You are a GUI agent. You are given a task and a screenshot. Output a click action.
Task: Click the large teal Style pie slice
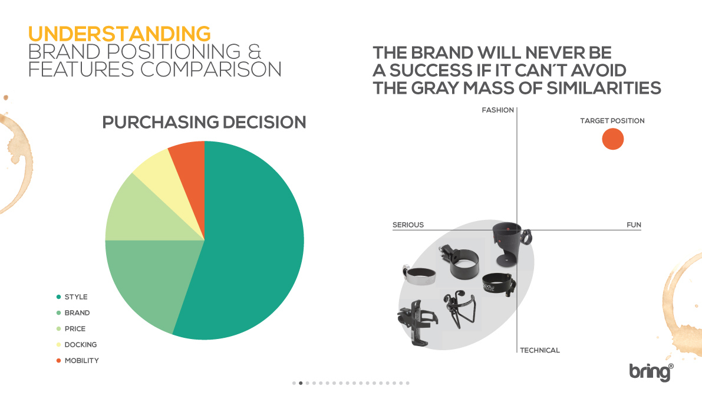click(251, 242)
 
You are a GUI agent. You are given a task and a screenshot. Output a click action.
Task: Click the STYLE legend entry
click(72, 297)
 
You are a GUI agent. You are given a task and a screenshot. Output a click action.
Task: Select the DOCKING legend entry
click(77, 344)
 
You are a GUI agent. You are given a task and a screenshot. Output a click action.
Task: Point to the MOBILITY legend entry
click(77, 361)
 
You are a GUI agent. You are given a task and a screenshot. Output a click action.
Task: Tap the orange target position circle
click(613, 139)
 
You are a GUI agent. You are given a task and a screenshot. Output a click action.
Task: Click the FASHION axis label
click(498, 110)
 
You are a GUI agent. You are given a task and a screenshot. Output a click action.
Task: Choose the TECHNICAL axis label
click(540, 350)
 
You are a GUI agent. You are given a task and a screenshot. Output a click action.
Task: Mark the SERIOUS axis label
click(408, 225)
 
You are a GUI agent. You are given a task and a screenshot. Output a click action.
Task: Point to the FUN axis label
click(634, 225)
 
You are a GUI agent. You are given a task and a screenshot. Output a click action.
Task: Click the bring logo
click(651, 372)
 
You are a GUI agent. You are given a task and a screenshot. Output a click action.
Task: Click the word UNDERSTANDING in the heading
click(119, 34)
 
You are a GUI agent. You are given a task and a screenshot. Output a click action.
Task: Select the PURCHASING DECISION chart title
click(204, 122)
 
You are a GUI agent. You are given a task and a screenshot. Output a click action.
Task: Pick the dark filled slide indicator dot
click(301, 383)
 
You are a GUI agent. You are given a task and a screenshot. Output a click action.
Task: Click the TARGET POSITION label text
click(612, 121)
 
